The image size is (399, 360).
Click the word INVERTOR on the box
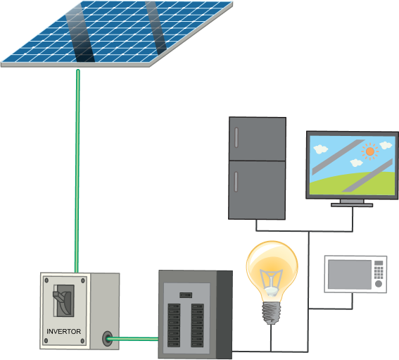[x=63, y=331]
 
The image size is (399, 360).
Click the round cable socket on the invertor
[x=108, y=339]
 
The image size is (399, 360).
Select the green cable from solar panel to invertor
[x=77, y=170]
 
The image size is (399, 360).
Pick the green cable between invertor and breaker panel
[x=133, y=339]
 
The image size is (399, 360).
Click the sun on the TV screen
[x=369, y=151]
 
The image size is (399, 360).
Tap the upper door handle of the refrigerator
[x=236, y=137]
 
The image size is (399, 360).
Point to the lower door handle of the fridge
[x=236, y=182]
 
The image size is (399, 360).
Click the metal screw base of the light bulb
[x=271, y=313]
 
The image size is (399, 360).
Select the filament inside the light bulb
[x=271, y=282]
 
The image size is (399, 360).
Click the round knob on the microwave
[x=379, y=284]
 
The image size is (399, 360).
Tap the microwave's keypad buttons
[x=379, y=273]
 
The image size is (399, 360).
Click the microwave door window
[x=349, y=274]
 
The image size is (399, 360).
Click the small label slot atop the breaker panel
[x=186, y=295]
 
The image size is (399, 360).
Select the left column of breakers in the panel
[x=174, y=325]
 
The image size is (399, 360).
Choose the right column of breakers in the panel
[x=198, y=325]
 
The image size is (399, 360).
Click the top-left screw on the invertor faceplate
[x=46, y=280]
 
